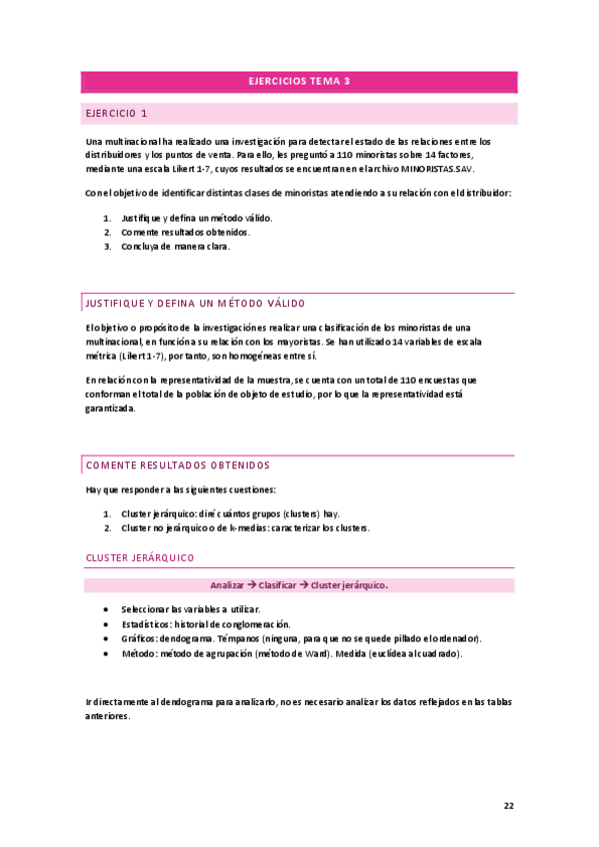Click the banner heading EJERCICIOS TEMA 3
point(299,82)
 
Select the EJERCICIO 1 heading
point(117,114)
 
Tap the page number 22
point(508,806)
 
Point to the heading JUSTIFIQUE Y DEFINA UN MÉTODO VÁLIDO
point(196,303)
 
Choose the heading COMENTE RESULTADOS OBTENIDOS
point(178,465)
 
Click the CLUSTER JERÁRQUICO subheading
point(140,557)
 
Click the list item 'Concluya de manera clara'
point(175,247)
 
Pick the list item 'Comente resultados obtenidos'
point(185,232)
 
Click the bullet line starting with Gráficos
point(300,638)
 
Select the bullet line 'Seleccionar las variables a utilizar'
point(190,608)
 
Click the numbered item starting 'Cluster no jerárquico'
point(245,527)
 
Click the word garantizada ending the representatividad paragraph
point(110,409)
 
